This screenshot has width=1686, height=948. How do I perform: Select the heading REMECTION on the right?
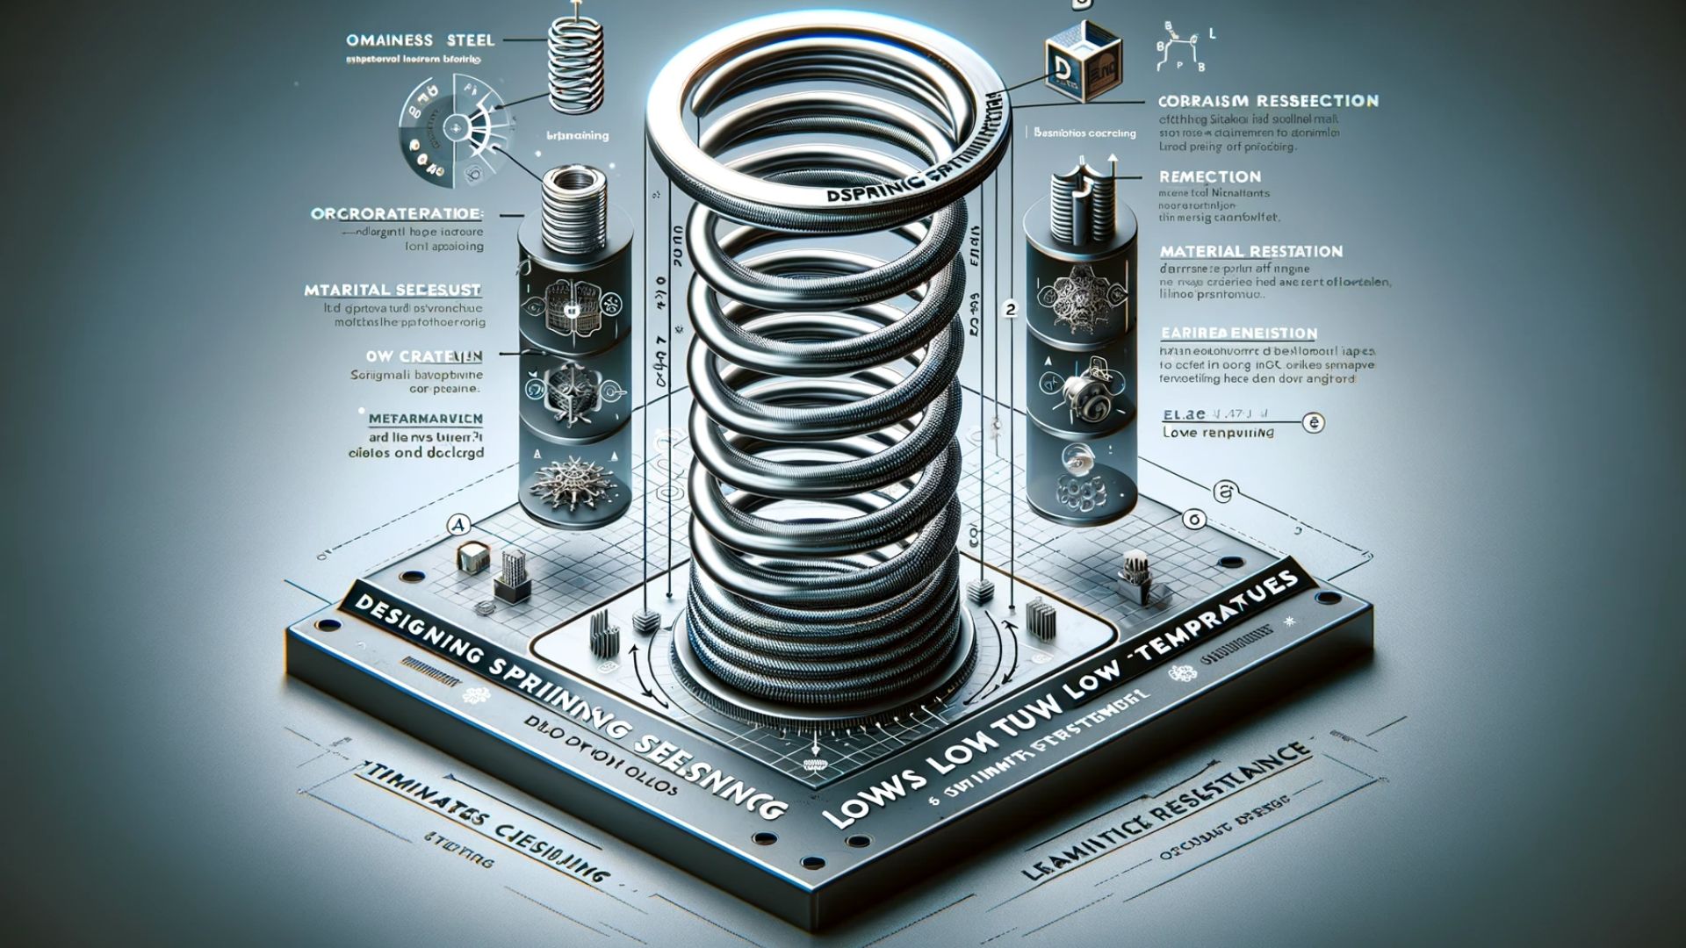(x=1209, y=176)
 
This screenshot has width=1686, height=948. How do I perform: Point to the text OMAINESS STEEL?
(x=421, y=40)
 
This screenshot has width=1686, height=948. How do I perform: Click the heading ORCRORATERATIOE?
(x=396, y=213)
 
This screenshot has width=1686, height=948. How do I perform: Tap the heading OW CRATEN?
(x=423, y=356)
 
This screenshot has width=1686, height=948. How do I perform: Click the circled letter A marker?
(x=458, y=525)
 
